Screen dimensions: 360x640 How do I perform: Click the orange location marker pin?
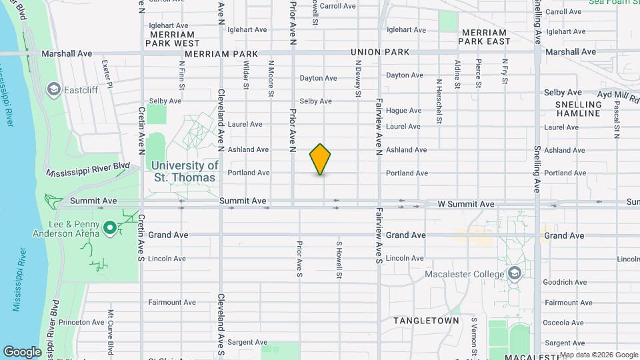pyautogui.click(x=320, y=159)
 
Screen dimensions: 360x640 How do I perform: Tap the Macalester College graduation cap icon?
pyautogui.click(x=514, y=274)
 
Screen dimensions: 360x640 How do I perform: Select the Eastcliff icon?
pyautogui.click(x=53, y=89)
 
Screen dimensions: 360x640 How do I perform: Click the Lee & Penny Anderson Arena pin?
pyautogui.click(x=110, y=229)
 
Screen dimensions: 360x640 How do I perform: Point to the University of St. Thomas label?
pyautogui.click(x=185, y=171)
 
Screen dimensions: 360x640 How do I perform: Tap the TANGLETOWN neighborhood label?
pyautogui.click(x=426, y=321)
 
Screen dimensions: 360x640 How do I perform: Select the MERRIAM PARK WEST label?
pyautogui.click(x=173, y=39)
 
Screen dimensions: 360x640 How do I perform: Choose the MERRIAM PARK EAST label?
pyautogui.click(x=484, y=37)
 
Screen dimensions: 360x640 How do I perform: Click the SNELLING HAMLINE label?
pyautogui.click(x=577, y=109)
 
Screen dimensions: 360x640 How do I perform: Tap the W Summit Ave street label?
pyautogui.click(x=465, y=204)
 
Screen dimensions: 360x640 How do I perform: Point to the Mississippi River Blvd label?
pyautogui.click(x=87, y=169)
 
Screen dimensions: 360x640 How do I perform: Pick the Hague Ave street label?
pyautogui.click(x=404, y=111)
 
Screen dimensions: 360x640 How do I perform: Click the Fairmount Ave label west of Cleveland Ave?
pyautogui.click(x=172, y=302)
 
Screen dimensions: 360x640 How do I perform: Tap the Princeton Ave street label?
pyautogui.click(x=82, y=322)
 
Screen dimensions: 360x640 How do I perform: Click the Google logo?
pyautogui.click(x=22, y=351)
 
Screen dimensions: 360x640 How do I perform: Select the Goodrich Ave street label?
pyautogui.click(x=564, y=282)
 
